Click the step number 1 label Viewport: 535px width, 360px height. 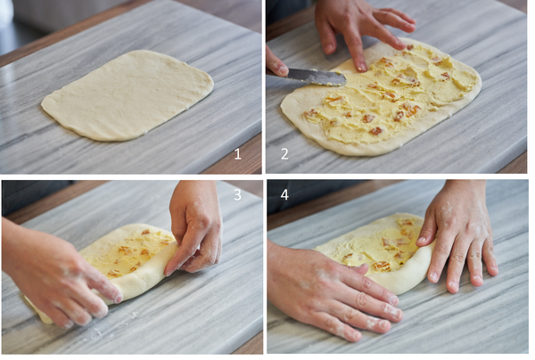point(238,154)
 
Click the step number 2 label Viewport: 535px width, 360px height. point(284,154)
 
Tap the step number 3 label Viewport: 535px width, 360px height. point(237,194)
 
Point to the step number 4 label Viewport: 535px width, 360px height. point(284,194)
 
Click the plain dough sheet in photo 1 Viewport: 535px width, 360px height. point(128,95)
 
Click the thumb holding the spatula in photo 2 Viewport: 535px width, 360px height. point(276,64)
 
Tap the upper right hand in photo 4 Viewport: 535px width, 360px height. point(457,235)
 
